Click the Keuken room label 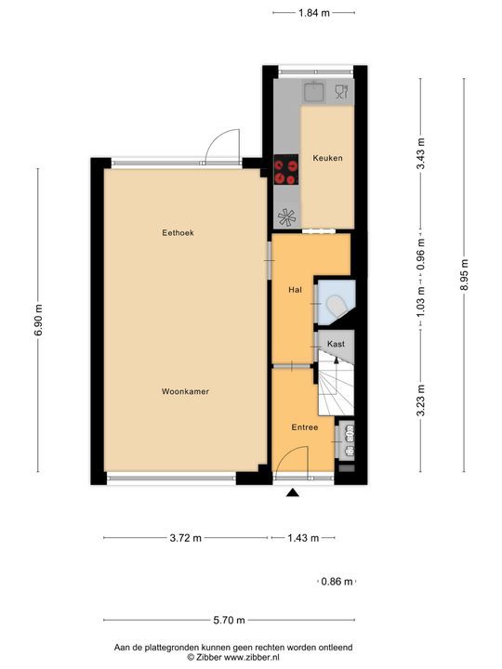coord(327,158)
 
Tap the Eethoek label coord(178,232)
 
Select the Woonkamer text coord(185,391)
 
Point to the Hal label coord(295,290)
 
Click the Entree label coord(305,427)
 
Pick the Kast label coord(336,344)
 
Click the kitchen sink coord(314,92)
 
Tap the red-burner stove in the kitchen coord(286,169)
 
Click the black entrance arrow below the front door coord(293,492)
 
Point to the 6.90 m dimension coord(38,320)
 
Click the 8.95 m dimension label coord(465,275)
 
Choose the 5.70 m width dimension coord(230,620)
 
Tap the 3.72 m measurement coord(186,538)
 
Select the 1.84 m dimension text coord(314,13)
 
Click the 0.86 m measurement coord(337,581)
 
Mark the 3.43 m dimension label coord(421,153)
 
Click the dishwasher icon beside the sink coord(341,92)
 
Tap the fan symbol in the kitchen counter coord(287,216)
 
